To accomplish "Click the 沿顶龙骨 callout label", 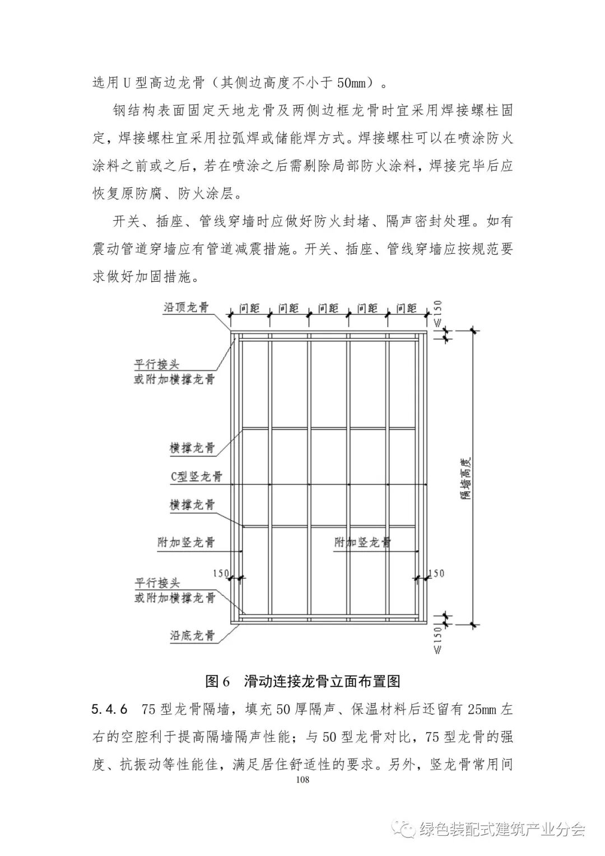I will click(187, 308).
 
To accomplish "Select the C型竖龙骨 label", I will click(197, 476).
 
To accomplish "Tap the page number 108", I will click(302, 780).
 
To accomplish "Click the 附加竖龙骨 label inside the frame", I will click(362, 542).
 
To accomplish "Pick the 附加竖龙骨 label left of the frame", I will click(187, 542).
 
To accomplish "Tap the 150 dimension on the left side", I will click(221, 573).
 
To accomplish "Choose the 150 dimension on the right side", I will click(436, 573).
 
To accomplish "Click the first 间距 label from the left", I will click(249, 308).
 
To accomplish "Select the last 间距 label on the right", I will click(406, 308).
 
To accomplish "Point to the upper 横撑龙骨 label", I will click(193, 448).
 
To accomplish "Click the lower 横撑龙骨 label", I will click(193, 505).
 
